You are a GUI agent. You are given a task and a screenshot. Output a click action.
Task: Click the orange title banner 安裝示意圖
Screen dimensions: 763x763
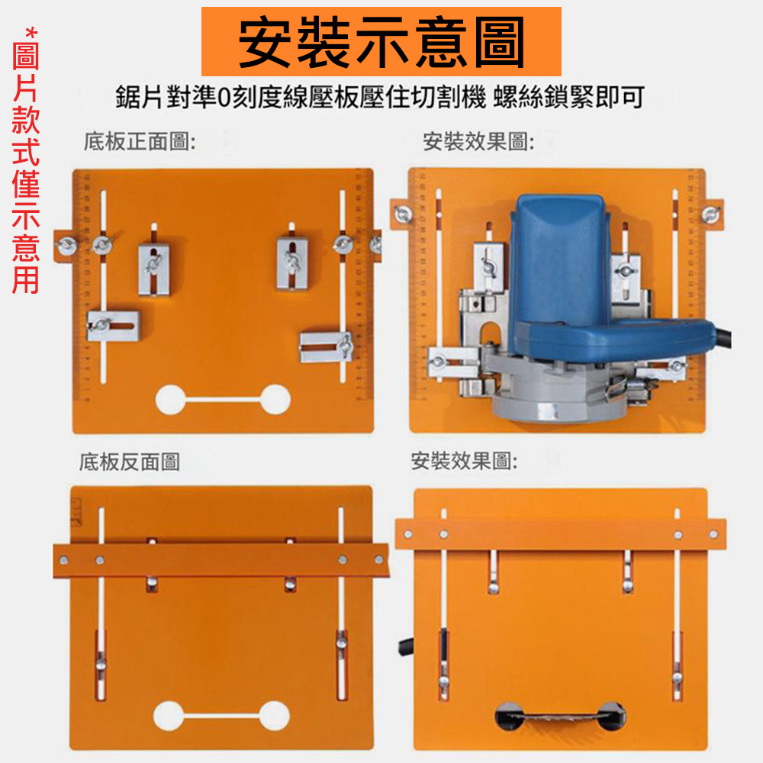(381, 41)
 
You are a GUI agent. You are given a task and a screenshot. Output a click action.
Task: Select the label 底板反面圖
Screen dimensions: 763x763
(130, 462)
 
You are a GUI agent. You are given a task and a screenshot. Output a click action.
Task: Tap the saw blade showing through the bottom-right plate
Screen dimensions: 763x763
(560, 717)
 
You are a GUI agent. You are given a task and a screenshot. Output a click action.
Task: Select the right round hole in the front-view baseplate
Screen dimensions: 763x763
(275, 398)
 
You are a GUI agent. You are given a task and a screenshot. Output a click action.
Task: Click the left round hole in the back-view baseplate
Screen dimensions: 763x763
(169, 716)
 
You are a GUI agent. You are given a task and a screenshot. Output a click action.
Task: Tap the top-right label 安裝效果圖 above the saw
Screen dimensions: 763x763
(478, 141)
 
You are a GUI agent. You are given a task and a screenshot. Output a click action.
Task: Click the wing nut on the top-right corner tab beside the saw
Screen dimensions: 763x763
(711, 214)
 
